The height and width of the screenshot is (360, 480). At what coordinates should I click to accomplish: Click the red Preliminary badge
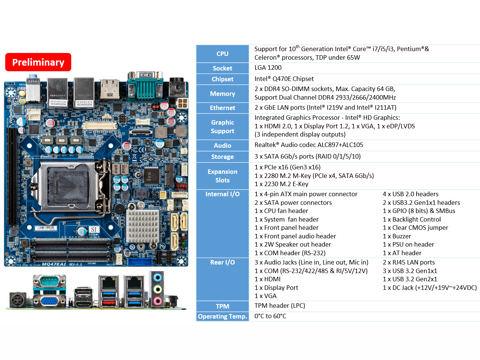click(38, 62)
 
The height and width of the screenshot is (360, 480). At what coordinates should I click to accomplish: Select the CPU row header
click(222, 54)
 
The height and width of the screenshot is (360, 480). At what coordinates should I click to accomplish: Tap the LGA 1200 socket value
click(268, 68)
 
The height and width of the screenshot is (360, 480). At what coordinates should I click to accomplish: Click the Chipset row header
click(222, 79)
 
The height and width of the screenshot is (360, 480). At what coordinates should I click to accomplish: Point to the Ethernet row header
click(222, 108)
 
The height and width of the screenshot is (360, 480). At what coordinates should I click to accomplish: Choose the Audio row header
click(222, 145)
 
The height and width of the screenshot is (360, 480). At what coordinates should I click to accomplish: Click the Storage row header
click(222, 157)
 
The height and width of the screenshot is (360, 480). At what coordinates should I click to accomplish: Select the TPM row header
click(222, 306)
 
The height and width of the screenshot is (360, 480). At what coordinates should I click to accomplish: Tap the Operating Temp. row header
click(222, 316)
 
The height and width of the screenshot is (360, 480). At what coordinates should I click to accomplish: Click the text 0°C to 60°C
click(270, 316)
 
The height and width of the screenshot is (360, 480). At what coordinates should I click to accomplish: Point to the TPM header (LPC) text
click(280, 306)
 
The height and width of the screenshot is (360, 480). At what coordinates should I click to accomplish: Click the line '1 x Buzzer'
click(397, 236)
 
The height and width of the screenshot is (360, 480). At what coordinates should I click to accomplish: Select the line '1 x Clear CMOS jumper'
click(415, 228)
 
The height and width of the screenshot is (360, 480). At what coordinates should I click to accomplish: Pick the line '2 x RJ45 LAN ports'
click(408, 262)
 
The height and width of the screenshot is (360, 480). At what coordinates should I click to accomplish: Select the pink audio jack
click(157, 301)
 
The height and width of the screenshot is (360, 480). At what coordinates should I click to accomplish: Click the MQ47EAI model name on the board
click(54, 264)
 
